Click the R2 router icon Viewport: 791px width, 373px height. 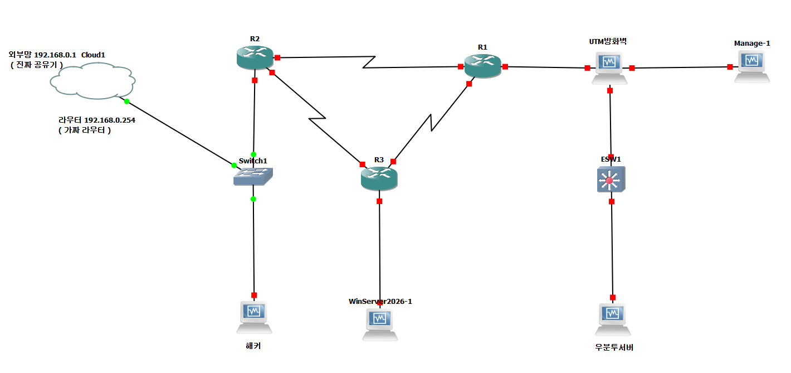[255, 57]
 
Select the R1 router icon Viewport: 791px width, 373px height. [483, 66]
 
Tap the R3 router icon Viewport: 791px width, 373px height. [379, 178]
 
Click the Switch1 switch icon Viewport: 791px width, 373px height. [253, 176]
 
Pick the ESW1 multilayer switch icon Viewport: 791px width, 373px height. [611, 180]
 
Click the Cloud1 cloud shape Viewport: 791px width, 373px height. [93, 81]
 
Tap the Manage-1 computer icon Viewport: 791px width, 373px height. [752, 66]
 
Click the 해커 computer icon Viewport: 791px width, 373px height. [254, 317]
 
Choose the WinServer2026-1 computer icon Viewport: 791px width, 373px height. [380, 324]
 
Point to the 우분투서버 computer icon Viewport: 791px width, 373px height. [613, 319]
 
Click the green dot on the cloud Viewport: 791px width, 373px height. [127, 101]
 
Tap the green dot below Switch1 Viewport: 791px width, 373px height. [253, 199]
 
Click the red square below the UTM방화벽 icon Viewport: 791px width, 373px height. [610, 90]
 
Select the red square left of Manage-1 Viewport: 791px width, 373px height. [730, 67]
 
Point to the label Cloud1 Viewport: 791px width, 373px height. [93, 55]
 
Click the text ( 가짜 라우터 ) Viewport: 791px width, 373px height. [85, 130]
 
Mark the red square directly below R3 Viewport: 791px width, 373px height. [379, 201]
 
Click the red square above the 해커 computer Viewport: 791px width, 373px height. [254, 295]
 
